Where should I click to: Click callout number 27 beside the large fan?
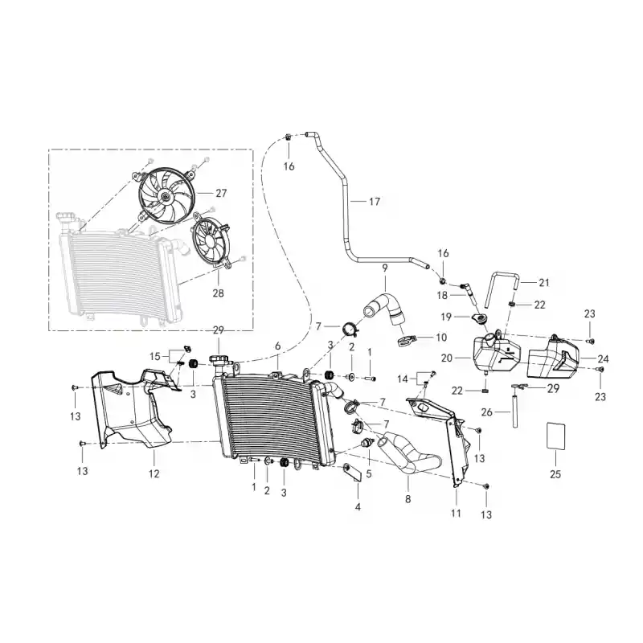tap(221, 193)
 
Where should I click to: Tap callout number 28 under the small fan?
tap(218, 293)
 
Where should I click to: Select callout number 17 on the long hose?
tap(375, 202)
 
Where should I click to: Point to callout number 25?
tap(555, 474)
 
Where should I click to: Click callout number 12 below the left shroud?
tap(154, 473)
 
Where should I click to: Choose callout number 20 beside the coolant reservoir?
tap(447, 358)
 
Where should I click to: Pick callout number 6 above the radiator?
tap(277, 346)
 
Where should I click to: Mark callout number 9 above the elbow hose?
tap(385, 268)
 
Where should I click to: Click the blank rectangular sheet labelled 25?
tap(555, 436)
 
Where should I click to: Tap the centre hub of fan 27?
tap(166, 197)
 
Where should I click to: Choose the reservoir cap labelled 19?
tap(478, 317)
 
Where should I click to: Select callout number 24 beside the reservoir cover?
tap(603, 358)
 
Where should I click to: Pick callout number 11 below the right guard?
tap(456, 513)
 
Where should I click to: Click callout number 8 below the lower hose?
tap(408, 498)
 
